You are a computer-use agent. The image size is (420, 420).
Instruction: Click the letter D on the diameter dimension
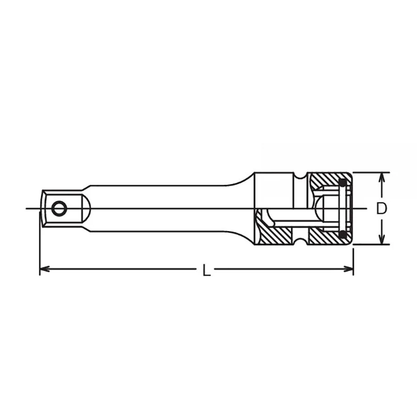click(382, 208)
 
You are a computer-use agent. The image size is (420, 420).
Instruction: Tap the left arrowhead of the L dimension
click(45, 269)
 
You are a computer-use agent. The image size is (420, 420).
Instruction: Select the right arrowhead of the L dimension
click(349, 269)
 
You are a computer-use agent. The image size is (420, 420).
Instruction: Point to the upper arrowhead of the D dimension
click(382, 178)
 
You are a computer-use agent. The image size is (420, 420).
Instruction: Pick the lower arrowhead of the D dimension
click(382, 239)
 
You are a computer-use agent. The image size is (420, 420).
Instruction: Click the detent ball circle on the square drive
click(59, 208)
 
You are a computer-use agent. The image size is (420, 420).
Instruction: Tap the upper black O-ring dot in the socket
click(342, 183)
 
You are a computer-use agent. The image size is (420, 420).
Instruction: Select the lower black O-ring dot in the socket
click(342, 234)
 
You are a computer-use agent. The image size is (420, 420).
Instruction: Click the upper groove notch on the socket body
click(300, 175)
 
